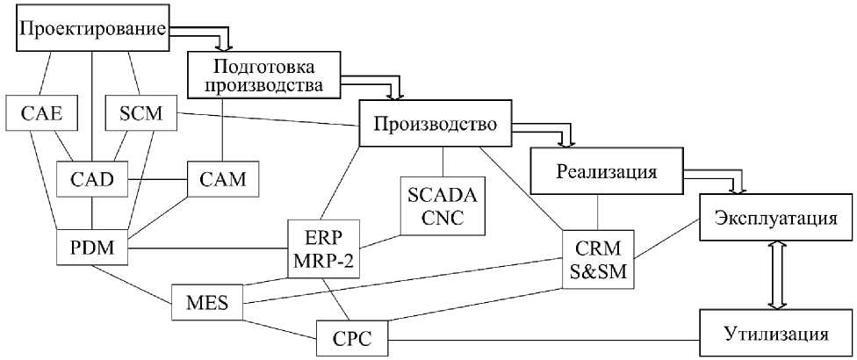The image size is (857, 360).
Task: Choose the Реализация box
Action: [x=606, y=171]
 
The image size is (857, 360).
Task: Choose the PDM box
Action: [x=91, y=248]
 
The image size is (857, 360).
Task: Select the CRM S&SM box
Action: [x=598, y=261]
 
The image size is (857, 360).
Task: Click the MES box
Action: [x=207, y=303]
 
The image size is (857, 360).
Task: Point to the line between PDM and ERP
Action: [x=207, y=248]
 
